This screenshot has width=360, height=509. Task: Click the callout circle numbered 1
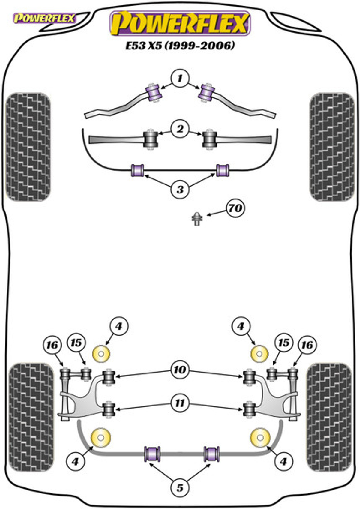tap(180, 79)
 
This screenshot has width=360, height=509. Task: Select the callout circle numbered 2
tap(180, 129)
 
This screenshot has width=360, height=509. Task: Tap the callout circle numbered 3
tap(180, 189)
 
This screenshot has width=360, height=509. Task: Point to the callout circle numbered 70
tap(235, 208)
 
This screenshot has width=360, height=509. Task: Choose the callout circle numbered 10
tap(180, 370)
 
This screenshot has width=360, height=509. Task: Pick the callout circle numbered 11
tap(180, 403)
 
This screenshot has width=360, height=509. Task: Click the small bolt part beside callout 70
tap(196, 219)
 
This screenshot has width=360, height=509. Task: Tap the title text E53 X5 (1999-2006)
tap(180, 46)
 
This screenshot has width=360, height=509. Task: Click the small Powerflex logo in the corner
tap(44, 18)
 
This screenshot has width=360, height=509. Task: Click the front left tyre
tap(28, 147)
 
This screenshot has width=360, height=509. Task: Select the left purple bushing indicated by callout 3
tap(138, 170)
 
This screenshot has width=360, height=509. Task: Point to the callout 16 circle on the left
tap(52, 345)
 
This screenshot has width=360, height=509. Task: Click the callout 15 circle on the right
tap(284, 343)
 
